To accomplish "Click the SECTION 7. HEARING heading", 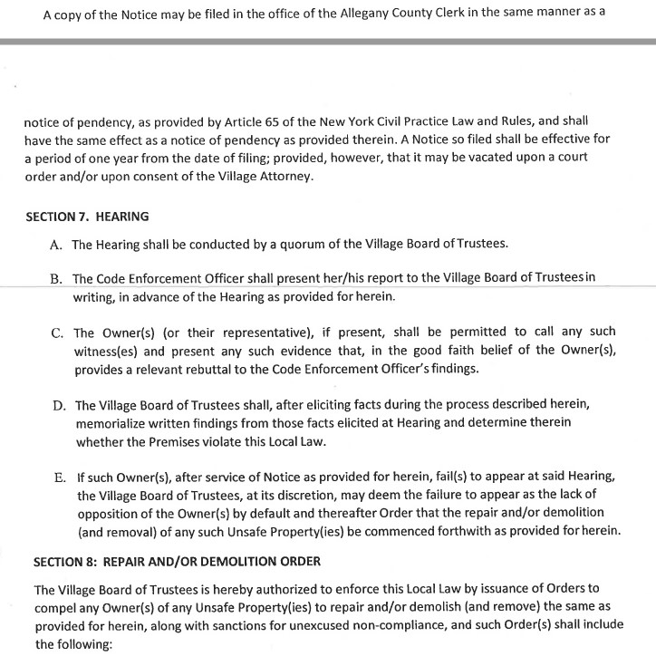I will coord(87,217).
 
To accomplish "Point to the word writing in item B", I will coord(100,297).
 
